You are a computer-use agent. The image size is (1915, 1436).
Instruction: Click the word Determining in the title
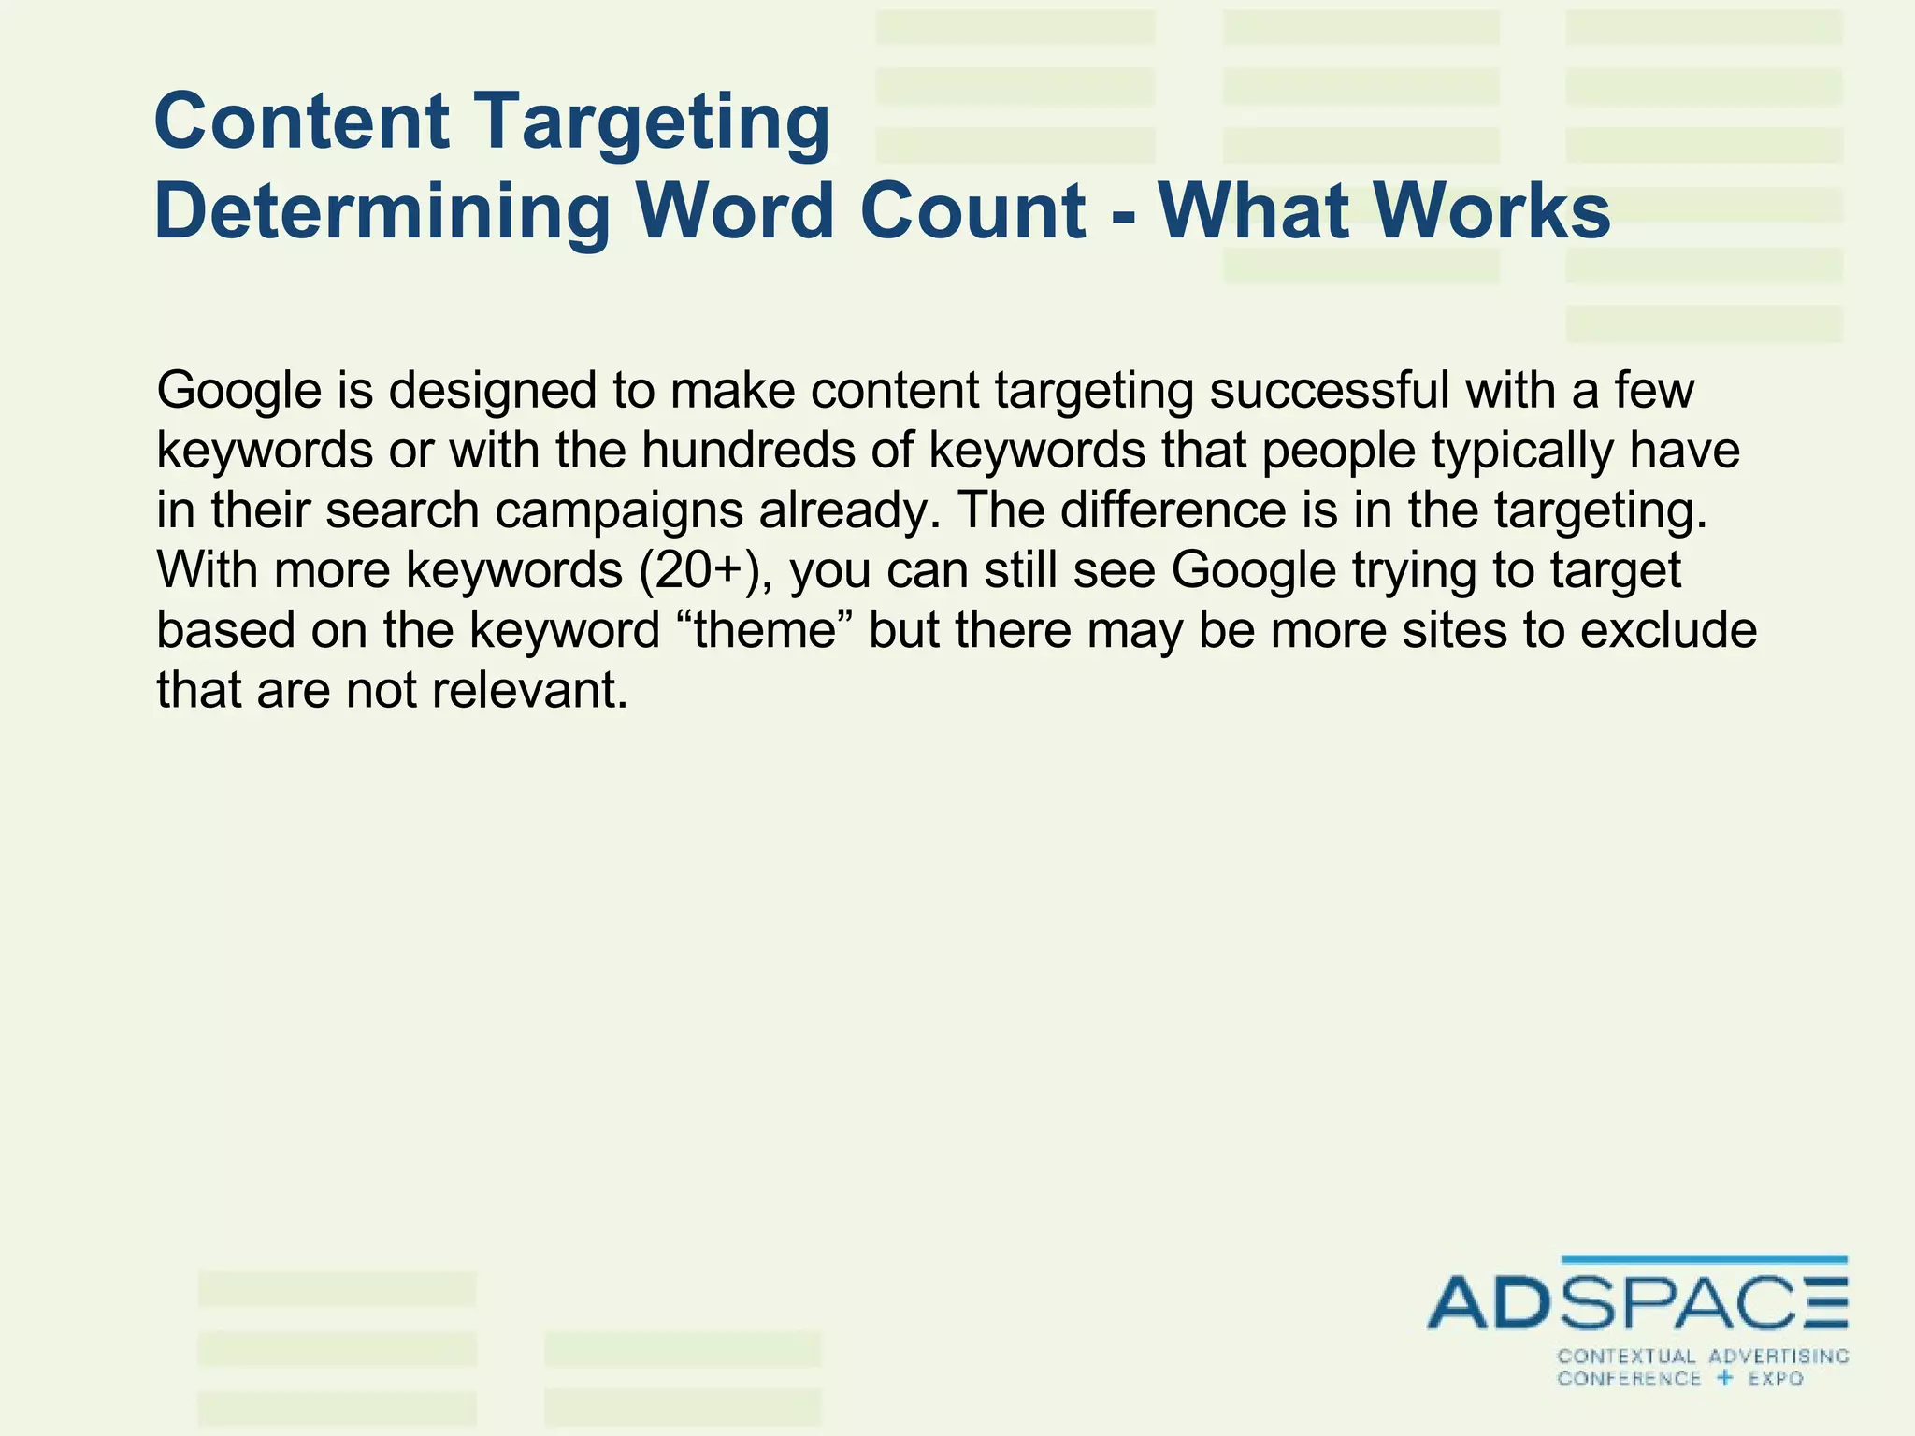click(382, 211)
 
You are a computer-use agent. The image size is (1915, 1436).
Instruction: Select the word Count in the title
click(972, 211)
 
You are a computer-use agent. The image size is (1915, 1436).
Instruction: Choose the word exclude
click(1668, 630)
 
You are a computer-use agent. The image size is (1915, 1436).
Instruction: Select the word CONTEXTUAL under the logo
click(1626, 1357)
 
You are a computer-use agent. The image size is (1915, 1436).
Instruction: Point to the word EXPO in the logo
click(1776, 1379)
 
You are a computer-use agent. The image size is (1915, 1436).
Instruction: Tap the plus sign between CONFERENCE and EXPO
click(1725, 1378)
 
